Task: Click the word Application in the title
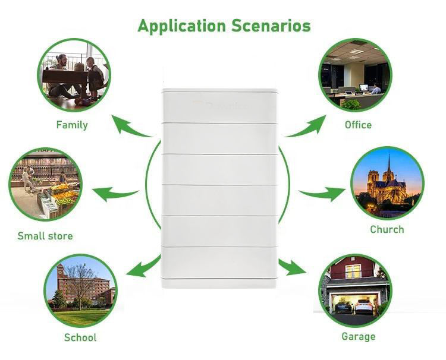(x=178, y=26)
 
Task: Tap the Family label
(x=72, y=125)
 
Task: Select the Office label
(x=358, y=125)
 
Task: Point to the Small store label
(x=45, y=236)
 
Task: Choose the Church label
(x=387, y=229)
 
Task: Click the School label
(x=80, y=337)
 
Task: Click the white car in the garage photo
(x=363, y=306)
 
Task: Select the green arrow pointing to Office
(x=306, y=125)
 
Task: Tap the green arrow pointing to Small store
(x=115, y=193)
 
